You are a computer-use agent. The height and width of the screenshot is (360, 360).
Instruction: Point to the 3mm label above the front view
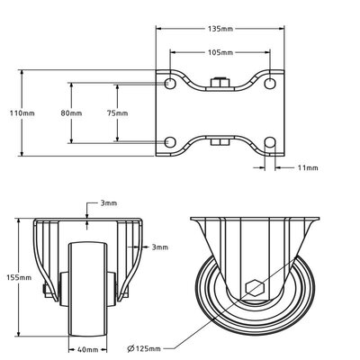pyautogui.click(x=108, y=204)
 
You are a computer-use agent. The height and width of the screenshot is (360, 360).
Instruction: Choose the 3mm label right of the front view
pyautogui.click(x=159, y=247)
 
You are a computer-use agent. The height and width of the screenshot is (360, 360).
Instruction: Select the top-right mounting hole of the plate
pyautogui.click(x=268, y=83)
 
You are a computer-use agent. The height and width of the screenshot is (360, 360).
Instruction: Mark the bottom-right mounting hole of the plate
pyautogui.click(x=268, y=142)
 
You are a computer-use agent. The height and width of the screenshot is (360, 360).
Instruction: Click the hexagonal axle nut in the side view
pyautogui.click(x=254, y=289)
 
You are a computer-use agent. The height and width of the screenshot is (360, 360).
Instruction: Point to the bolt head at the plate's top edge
pyautogui.click(x=219, y=85)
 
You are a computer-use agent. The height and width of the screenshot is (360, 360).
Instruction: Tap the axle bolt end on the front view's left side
pyautogui.click(x=43, y=289)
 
